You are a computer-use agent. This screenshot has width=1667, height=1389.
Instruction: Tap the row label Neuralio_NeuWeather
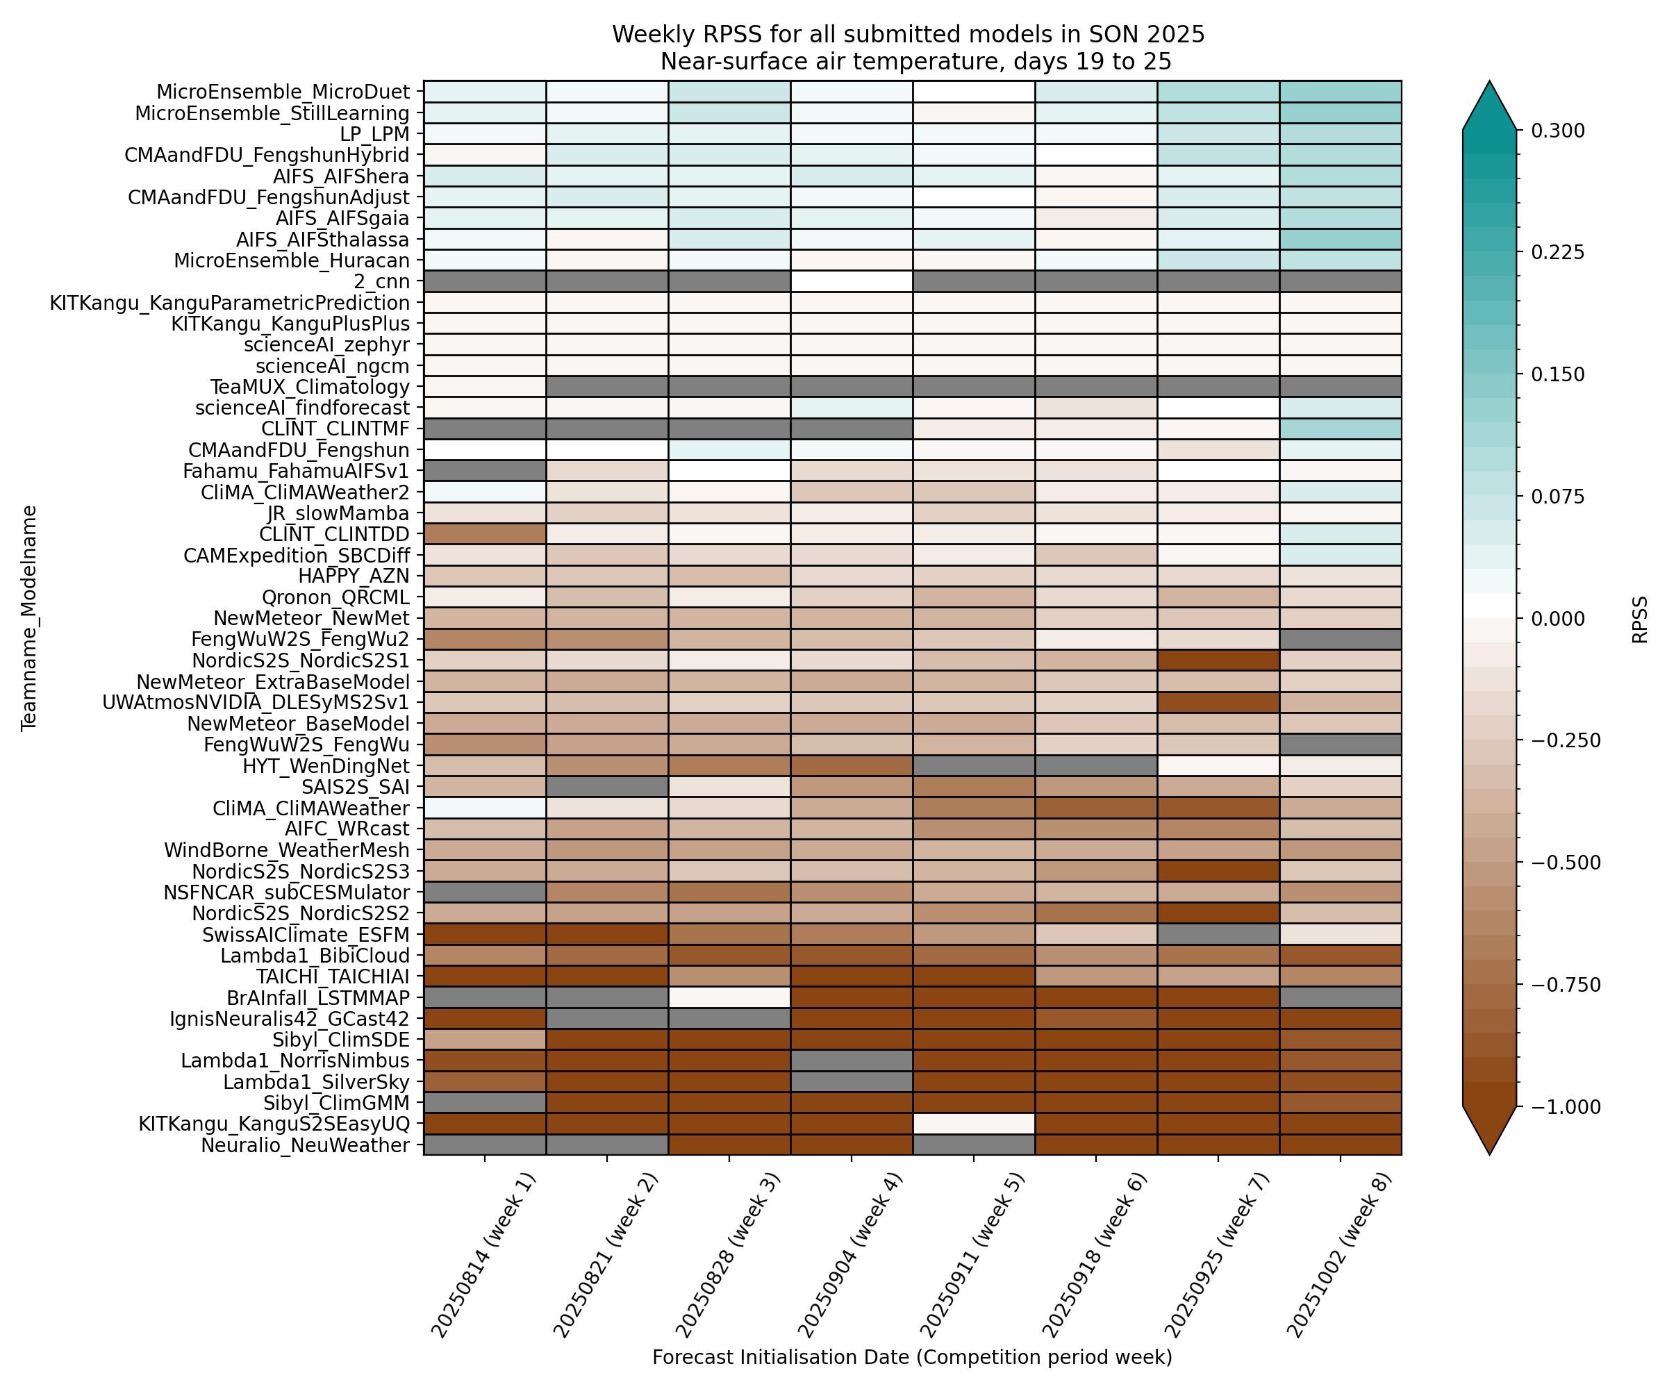[x=305, y=1145]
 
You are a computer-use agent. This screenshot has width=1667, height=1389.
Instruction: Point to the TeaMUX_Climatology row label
[x=310, y=388]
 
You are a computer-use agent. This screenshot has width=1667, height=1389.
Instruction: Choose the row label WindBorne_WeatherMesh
[x=287, y=850]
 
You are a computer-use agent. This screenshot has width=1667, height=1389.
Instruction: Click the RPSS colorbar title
[x=1640, y=619]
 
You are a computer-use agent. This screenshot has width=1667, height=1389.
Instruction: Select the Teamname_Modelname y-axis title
[x=29, y=617]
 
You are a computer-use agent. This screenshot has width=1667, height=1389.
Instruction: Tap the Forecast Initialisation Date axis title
[x=912, y=1357]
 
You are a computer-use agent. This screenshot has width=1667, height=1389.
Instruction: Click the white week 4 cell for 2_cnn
[x=851, y=282]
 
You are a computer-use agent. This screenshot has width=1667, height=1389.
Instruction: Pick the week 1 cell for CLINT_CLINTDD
[x=485, y=534]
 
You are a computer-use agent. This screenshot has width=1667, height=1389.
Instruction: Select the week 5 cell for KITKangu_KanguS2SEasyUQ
[x=973, y=1124]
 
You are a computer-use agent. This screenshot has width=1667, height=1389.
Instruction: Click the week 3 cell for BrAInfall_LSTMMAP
[x=729, y=998]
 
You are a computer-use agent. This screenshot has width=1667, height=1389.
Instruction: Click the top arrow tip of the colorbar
[x=1489, y=82]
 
